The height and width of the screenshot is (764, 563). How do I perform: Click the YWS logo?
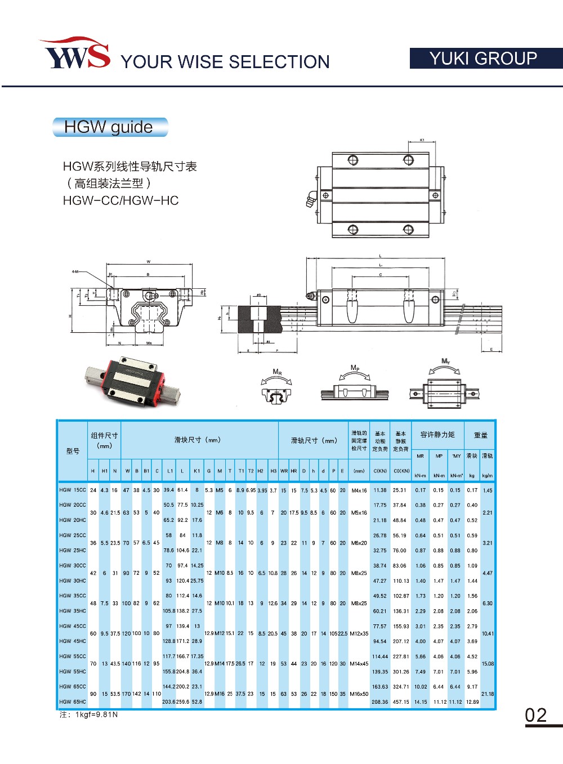(x=74, y=54)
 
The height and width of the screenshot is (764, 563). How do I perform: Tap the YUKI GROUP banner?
(x=485, y=59)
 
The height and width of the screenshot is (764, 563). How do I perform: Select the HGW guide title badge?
(x=110, y=127)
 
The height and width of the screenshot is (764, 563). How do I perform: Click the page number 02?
(x=536, y=715)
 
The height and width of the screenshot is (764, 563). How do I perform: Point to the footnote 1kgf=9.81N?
(x=89, y=715)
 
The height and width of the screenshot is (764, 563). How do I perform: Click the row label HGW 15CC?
(x=73, y=490)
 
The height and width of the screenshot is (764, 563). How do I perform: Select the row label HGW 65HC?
(x=73, y=702)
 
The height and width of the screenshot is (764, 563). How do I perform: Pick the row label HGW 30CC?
(x=73, y=566)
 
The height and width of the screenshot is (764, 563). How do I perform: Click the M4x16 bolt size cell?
(x=359, y=490)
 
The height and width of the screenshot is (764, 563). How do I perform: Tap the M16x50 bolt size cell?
(x=359, y=694)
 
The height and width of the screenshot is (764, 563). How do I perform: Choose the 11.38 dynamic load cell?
(x=380, y=490)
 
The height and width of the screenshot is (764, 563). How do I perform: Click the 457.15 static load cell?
(x=401, y=702)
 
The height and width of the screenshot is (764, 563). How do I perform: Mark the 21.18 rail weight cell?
(x=488, y=694)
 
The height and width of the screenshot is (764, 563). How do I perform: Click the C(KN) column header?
(x=380, y=471)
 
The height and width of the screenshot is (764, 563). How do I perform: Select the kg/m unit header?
(x=488, y=476)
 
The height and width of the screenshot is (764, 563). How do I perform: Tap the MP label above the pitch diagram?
(x=355, y=368)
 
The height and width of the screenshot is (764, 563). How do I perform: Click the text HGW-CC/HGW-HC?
(x=120, y=201)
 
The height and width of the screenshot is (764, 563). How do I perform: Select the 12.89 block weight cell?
(x=472, y=702)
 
